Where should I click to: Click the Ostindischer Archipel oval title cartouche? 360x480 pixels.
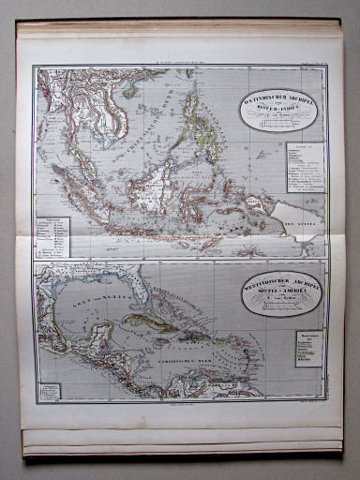[277, 109]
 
